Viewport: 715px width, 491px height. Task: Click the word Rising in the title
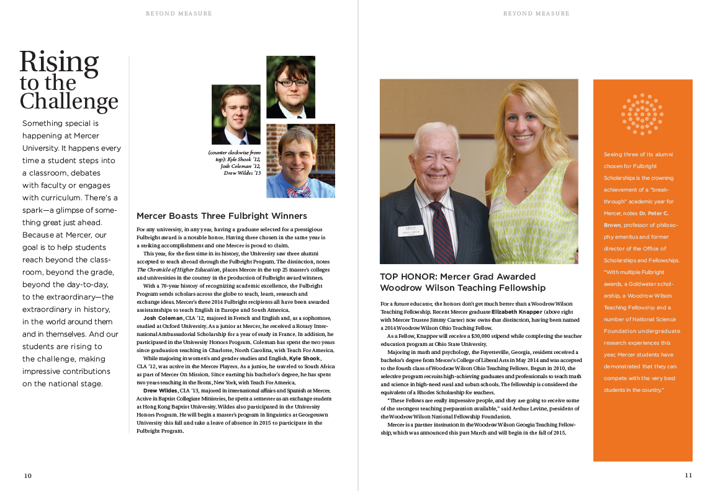[x=59, y=62]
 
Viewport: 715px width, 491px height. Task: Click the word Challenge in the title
[x=69, y=101]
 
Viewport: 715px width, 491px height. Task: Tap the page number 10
[x=28, y=476]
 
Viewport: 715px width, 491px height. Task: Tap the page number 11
[x=688, y=475]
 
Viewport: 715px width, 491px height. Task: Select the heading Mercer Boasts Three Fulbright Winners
[x=222, y=216]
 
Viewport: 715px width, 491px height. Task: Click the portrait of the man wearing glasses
[x=290, y=87]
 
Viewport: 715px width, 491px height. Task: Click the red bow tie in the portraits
[x=299, y=191]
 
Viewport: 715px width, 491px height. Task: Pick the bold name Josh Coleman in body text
[x=163, y=318]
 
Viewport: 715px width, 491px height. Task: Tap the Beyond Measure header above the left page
[x=179, y=13]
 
